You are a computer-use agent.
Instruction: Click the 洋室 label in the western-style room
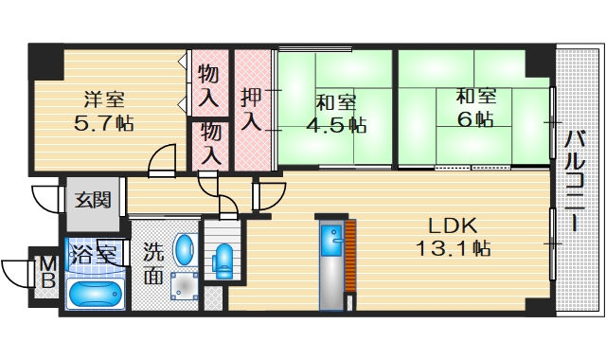(101, 99)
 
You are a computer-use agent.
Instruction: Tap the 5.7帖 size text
(101, 122)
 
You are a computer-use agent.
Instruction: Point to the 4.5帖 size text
(335, 123)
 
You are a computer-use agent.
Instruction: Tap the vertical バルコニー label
(574, 180)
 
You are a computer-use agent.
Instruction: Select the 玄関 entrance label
(93, 200)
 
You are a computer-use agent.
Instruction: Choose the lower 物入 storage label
(209, 144)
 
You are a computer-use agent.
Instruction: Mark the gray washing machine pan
(186, 286)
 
